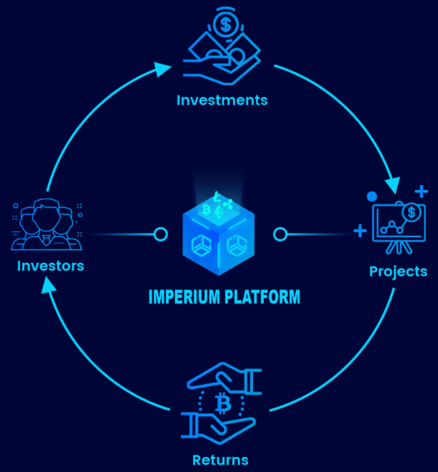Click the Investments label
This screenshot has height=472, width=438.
[221, 100]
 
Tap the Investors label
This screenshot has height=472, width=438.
[51, 266]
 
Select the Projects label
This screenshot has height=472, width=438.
[398, 272]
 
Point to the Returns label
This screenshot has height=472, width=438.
[221, 460]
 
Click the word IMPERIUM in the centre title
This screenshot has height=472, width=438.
[184, 297]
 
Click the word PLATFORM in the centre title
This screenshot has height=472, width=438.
[262, 297]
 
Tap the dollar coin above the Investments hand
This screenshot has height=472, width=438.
[226, 25]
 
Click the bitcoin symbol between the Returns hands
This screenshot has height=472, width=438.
[223, 403]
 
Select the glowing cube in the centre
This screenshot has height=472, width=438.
[218, 234]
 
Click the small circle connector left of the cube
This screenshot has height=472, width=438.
[160, 234]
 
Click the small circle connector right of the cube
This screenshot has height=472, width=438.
[280, 234]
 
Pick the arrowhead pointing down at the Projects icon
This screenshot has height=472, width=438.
[393, 185]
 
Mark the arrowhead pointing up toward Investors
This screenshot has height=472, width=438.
[48, 285]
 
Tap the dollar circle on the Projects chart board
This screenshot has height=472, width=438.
[411, 212]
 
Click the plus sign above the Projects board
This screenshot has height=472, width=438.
[421, 191]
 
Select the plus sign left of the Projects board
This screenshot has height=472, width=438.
[360, 231]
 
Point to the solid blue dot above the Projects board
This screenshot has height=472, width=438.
[372, 197]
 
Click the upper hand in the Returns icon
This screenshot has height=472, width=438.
[224, 377]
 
